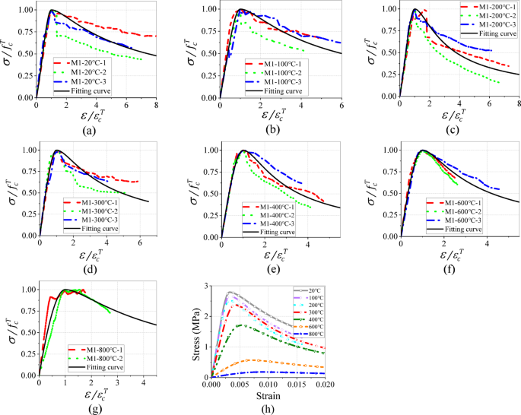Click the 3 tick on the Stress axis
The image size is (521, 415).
[205, 286]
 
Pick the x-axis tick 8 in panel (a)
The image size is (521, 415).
[155, 105]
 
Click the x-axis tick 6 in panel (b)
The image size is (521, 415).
[341, 105]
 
